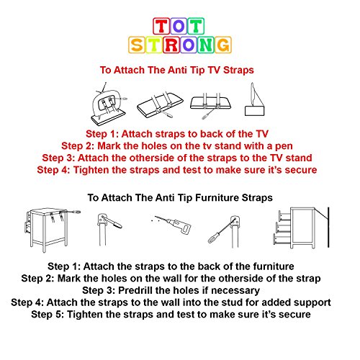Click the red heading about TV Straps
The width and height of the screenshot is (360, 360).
click(179, 71)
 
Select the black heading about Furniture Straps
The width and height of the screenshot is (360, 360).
click(179, 196)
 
